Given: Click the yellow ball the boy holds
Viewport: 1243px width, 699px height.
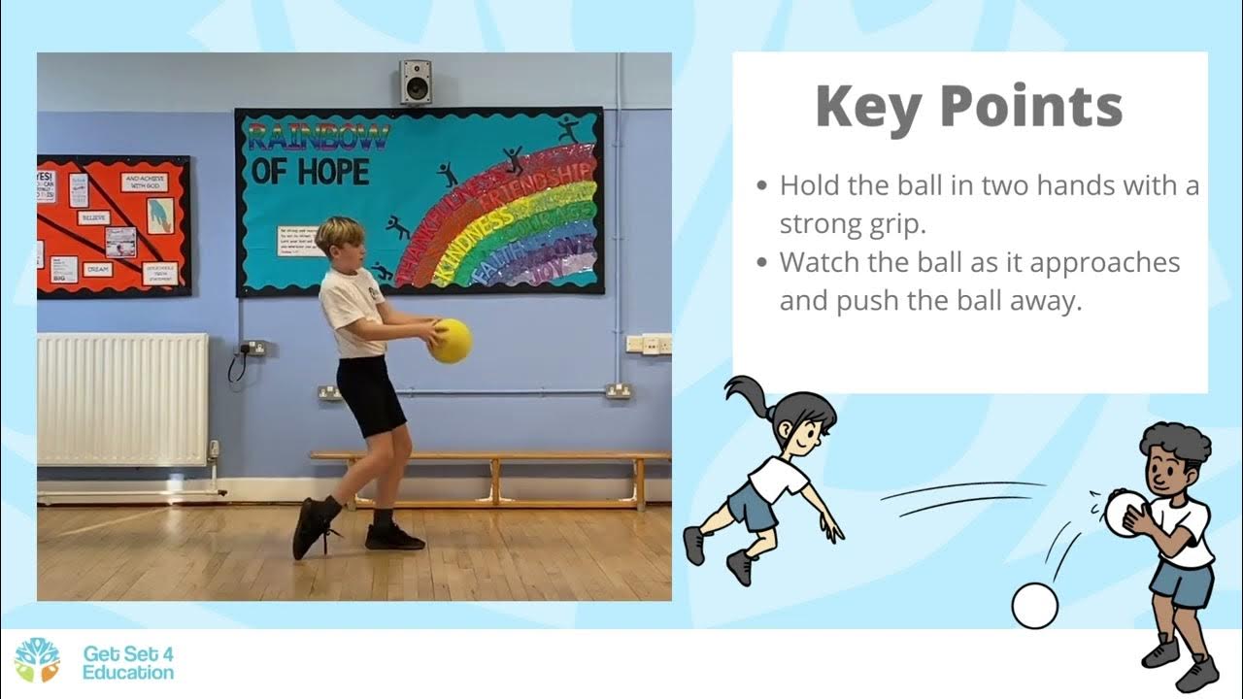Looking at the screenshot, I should tap(451, 341).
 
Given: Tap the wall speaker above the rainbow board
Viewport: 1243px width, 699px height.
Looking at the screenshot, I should tap(417, 82).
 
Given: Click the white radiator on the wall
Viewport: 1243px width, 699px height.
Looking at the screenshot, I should tap(122, 399).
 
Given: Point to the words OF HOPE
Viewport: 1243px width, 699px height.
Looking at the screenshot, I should tap(310, 172).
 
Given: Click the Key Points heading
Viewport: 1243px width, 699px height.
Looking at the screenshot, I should tap(968, 106).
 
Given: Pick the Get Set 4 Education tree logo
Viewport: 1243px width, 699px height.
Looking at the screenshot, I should tap(37, 660).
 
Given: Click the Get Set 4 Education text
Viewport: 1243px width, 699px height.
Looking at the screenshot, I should tap(128, 662).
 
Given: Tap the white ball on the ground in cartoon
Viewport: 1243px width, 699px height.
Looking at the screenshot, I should tap(1034, 606).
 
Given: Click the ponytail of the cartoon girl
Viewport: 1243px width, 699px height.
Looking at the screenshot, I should tap(746, 398).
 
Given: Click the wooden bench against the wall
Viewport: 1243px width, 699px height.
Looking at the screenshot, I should tap(491, 456).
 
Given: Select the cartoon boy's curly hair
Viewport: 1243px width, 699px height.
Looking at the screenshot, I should tap(1174, 443).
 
